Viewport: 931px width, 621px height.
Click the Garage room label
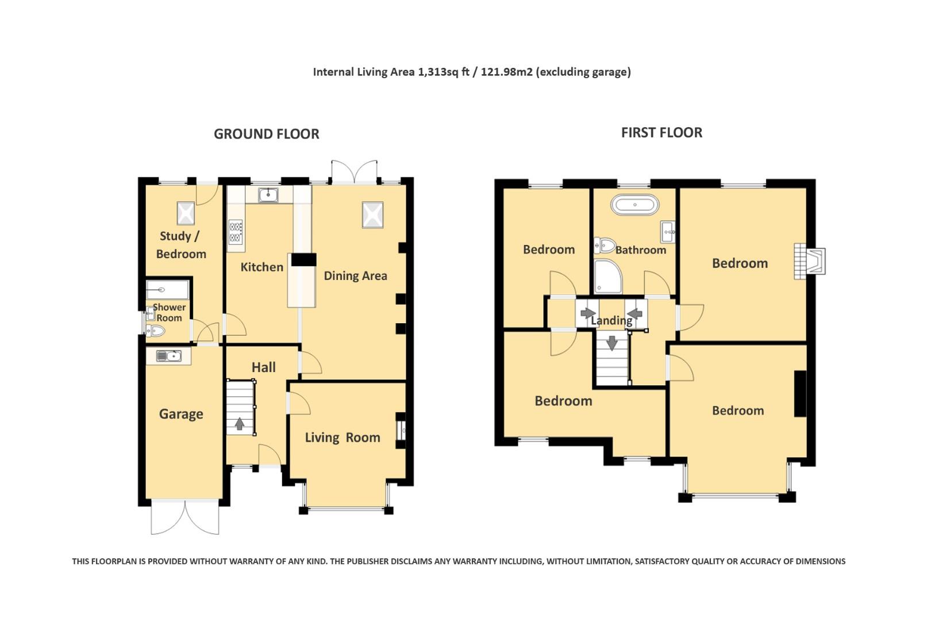pos(181,414)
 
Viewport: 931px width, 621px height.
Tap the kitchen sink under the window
pos(268,195)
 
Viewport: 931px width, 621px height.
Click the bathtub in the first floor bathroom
pos(634,205)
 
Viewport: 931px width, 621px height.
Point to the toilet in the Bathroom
pos(604,246)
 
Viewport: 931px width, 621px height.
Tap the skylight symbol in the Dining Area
pos(372,215)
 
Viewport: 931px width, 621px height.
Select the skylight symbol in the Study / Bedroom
pos(186,213)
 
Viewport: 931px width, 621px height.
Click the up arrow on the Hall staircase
pos(240,424)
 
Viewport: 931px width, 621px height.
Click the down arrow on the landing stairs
pos(611,343)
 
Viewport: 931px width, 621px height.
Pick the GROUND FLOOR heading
pos(266,134)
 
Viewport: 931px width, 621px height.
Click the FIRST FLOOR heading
pos(661,133)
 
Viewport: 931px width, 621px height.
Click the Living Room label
pos(343,438)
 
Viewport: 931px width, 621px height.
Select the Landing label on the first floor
pos(611,321)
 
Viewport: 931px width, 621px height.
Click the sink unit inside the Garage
pos(168,356)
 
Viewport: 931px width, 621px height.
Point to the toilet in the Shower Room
pos(156,331)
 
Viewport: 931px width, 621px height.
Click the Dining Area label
pos(355,276)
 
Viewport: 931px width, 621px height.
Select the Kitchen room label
pos(261,267)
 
